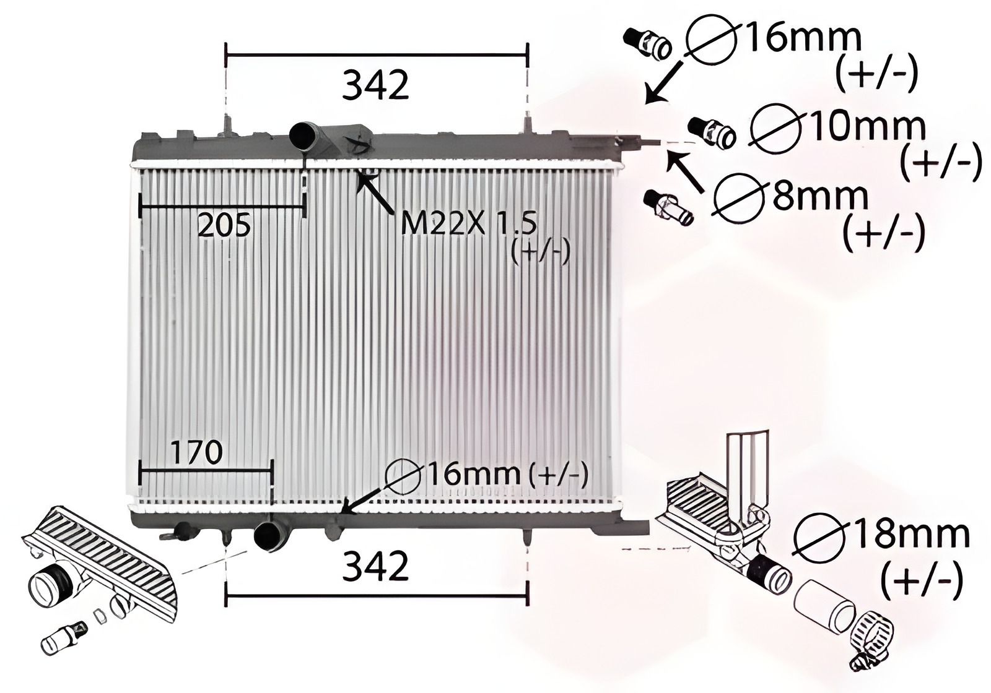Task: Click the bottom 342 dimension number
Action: coord(375,566)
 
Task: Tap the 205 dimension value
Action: coord(224,225)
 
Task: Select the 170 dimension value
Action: coord(196,452)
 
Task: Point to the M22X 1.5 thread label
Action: coord(468,223)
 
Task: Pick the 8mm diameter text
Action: coord(820,197)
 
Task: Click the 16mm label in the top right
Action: coord(802,38)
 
